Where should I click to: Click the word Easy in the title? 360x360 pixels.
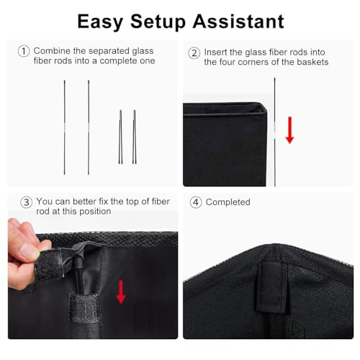coord(100,22)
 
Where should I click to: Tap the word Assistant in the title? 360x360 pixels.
coord(238,22)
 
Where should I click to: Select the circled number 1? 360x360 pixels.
coord(24,51)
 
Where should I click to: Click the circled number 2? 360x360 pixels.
coord(194,53)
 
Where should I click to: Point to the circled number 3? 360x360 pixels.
coord(27,202)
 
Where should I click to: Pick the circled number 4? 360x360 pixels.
coord(196,202)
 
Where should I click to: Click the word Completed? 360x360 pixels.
coord(228,202)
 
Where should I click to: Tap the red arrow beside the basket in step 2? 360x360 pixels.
coord(289,130)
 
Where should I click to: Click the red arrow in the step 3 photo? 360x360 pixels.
coord(121,292)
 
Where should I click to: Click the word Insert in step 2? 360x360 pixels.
coord(215,53)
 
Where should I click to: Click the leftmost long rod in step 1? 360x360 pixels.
coord(65,127)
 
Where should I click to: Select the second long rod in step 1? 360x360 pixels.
coord(89,127)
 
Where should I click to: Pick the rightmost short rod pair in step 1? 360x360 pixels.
coord(135,137)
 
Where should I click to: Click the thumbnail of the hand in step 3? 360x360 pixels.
coord(27,250)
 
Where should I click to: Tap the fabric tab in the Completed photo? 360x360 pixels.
coord(271,287)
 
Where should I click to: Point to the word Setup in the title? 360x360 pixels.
coord(158,22)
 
